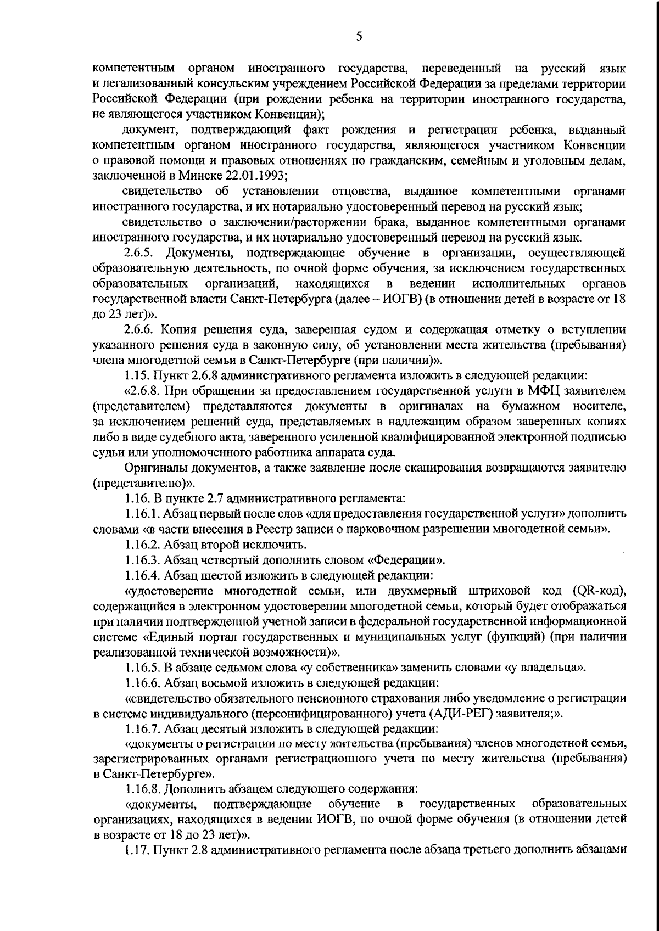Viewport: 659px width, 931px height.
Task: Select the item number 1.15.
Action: [136, 376]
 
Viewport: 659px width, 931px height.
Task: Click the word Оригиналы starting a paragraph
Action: [154, 468]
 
